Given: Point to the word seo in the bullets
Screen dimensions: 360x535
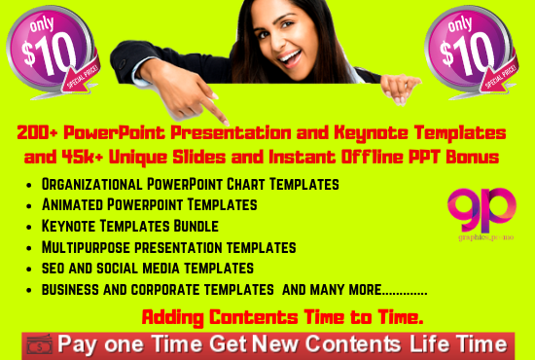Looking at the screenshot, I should click(x=53, y=267).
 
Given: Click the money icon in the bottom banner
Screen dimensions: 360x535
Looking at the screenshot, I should click(x=38, y=344).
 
